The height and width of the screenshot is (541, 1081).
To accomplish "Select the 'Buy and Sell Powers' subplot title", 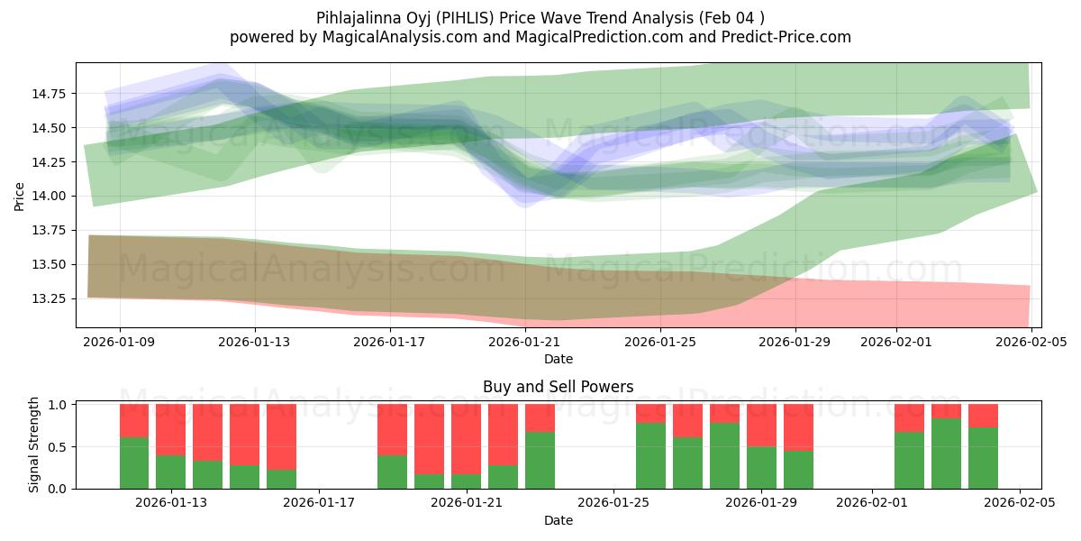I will tap(558, 387).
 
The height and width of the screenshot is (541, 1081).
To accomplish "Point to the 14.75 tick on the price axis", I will tap(51, 94).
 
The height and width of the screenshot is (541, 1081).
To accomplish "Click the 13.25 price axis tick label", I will tap(51, 298).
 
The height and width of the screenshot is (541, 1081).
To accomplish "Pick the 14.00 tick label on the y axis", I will tap(51, 197).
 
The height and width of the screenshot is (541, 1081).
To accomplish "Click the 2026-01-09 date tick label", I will tap(120, 342).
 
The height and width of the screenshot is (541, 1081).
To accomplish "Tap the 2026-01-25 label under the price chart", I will tap(661, 342).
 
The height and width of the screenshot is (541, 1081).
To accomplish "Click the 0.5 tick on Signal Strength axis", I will tap(58, 447).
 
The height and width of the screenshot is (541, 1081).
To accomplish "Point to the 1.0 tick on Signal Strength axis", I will tap(58, 405).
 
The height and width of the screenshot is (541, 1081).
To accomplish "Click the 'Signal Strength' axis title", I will tap(33, 445).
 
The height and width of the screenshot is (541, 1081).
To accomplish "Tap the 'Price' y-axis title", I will tap(20, 195).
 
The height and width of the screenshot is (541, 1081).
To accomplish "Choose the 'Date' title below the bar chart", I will tap(558, 520).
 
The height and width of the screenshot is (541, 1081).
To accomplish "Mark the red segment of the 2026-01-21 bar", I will tap(466, 438).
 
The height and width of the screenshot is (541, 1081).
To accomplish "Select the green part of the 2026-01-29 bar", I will tap(761, 467).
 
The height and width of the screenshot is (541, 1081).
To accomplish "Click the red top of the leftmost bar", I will tap(134, 420).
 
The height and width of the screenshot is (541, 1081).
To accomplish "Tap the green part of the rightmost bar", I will tap(983, 458).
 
